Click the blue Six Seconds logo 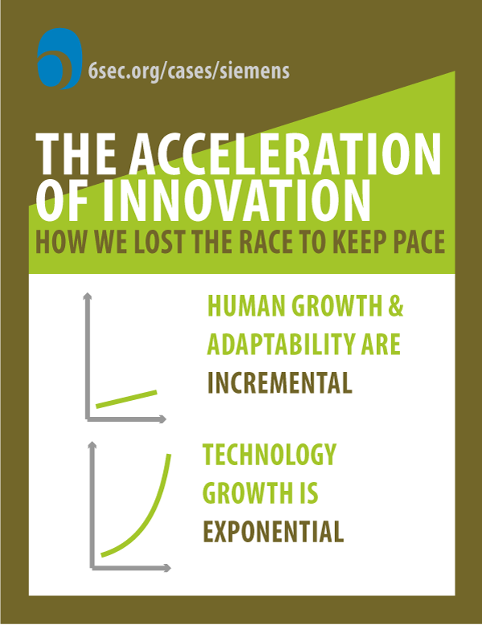click(x=59, y=58)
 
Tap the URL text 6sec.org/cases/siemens click(x=189, y=71)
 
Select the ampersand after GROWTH click(x=395, y=306)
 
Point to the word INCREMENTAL click(x=280, y=382)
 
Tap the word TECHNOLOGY click(x=269, y=455)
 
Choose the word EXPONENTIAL click(x=273, y=531)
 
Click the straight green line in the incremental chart click(x=126, y=399)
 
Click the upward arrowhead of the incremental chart click(x=88, y=296)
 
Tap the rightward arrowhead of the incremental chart click(x=162, y=419)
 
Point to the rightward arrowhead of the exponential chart click(x=167, y=568)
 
